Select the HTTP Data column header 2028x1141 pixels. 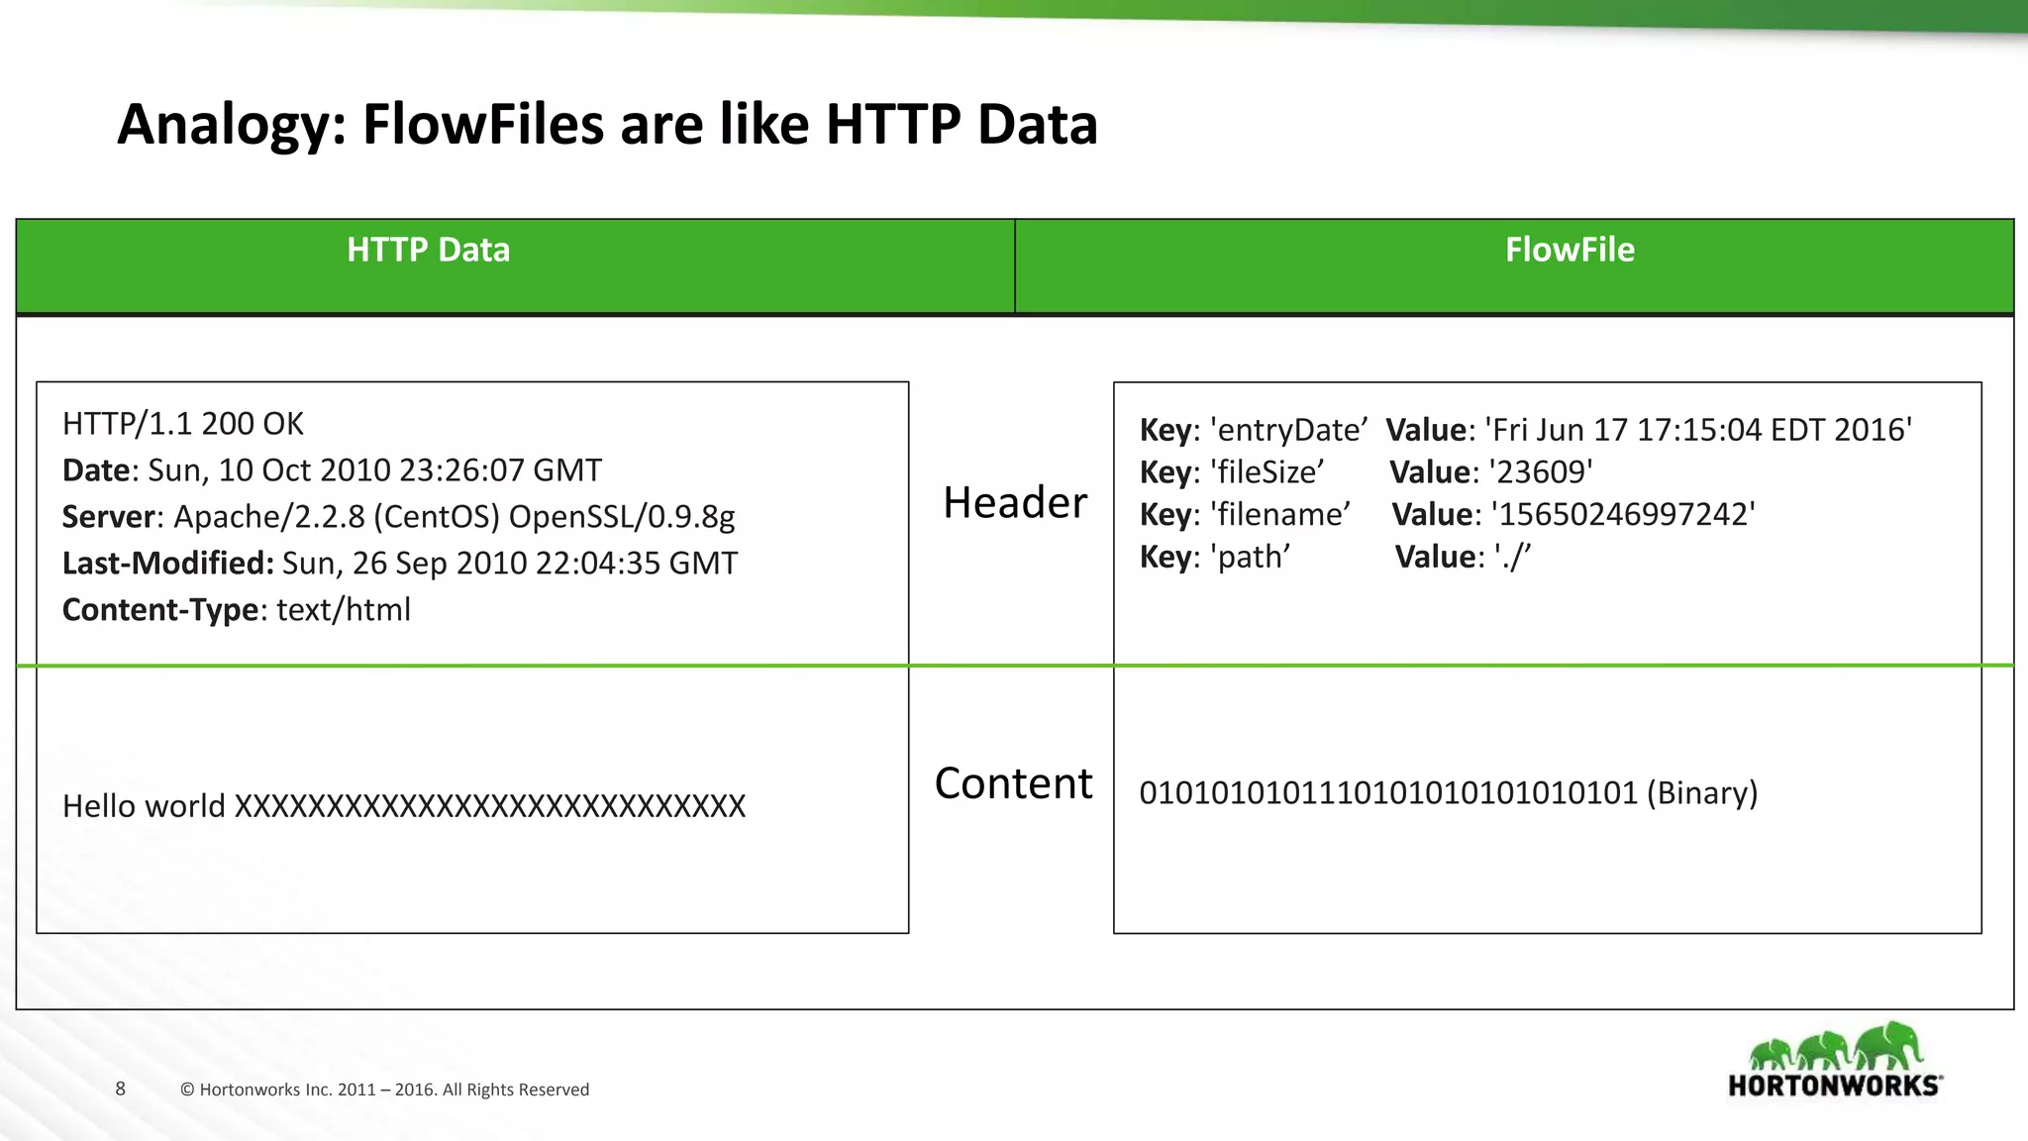(x=428, y=250)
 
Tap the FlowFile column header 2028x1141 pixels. (x=1569, y=250)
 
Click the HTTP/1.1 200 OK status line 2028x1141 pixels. (x=183, y=424)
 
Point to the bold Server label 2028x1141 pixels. (x=109, y=517)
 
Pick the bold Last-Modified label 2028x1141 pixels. (x=167, y=564)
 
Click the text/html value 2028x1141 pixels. (x=344, y=610)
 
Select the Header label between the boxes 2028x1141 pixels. (x=1014, y=503)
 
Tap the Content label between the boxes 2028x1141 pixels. (x=1013, y=783)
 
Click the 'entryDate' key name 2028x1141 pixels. (x=1288, y=430)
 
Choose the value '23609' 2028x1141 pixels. (x=1541, y=472)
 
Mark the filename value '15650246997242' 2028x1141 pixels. (x=1623, y=515)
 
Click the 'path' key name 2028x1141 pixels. (x=1250, y=558)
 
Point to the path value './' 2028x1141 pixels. (x=1512, y=558)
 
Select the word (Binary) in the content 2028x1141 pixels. (x=1701, y=793)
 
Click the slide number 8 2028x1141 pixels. (x=121, y=1089)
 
